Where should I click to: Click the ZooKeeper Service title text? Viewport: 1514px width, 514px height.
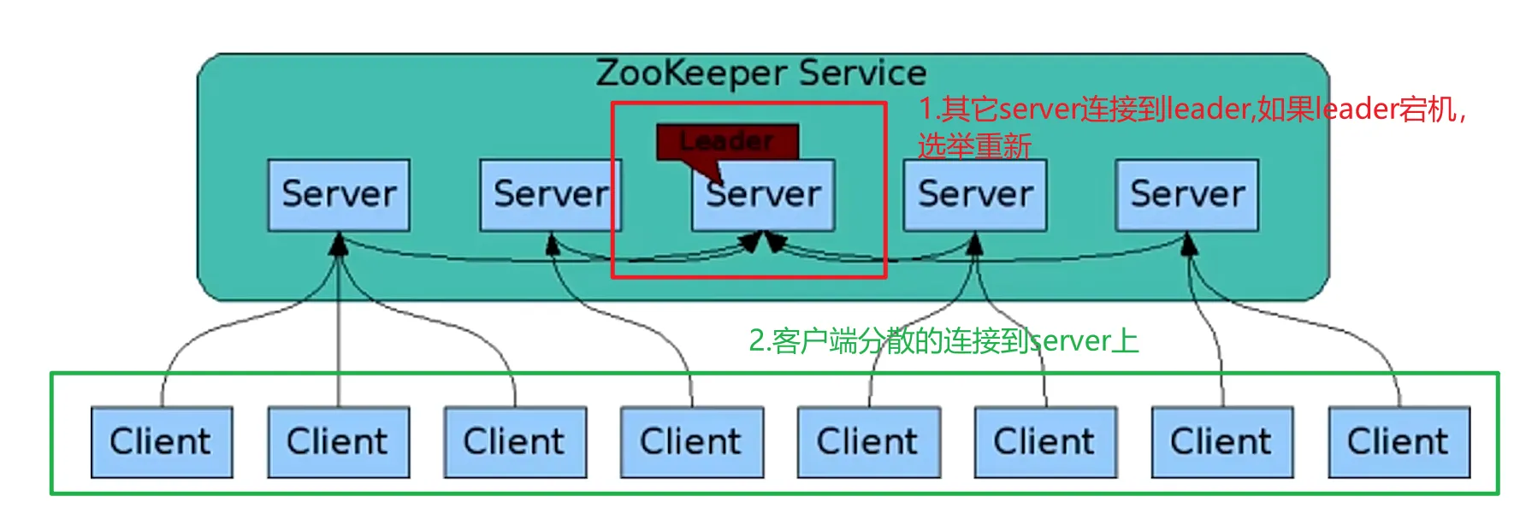click(760, 74)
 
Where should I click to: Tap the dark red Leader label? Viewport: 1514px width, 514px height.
click(727, 141)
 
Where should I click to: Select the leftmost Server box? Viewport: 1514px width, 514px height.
click(339, 195)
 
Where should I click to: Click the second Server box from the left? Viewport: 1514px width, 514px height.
click(550, 195)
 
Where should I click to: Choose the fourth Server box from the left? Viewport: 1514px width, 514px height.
click(974, 195)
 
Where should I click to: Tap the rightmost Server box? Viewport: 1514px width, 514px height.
click(1186, 195)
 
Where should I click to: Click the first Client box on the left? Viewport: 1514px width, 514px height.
click(161, 442)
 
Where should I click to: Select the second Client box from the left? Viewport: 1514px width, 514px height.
click(338, 442)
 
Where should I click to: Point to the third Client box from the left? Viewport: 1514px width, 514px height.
click(514, 442)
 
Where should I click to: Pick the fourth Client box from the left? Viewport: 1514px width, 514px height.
click(691, 442)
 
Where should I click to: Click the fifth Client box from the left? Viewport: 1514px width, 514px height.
click(868, 442)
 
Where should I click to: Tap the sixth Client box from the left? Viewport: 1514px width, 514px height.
click(1044, 442)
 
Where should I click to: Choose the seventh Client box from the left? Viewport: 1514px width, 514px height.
click(1221, 442)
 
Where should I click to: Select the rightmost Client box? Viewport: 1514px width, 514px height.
click(1399, 442)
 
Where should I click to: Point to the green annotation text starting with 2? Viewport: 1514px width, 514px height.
click(943, 341)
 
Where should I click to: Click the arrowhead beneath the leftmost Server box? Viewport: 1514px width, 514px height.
click(339, 245)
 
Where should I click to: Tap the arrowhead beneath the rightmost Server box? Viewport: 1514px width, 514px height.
click(1188, 245)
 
